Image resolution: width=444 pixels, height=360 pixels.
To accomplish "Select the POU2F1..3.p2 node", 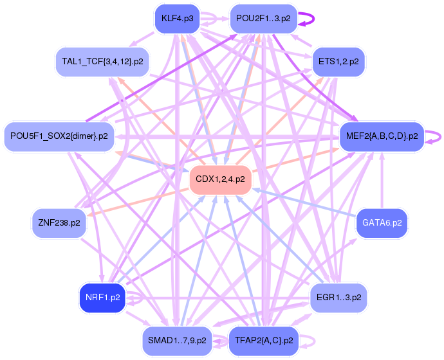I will point(263,19).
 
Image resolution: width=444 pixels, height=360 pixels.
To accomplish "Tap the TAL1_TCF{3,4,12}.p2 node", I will point(102,62).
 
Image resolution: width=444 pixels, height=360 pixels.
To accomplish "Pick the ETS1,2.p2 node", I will point(338,62).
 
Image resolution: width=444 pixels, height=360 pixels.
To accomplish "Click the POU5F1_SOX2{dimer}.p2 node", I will point(59,136).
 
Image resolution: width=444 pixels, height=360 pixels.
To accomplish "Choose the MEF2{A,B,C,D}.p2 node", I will point(382,136).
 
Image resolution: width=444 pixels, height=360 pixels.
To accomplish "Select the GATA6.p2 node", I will point(382,222).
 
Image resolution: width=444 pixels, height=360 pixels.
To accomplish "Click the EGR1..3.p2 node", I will point(338,298).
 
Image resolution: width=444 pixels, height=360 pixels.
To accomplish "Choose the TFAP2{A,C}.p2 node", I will point(263,340).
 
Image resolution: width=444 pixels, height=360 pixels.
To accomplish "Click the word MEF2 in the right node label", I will point(357,136).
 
